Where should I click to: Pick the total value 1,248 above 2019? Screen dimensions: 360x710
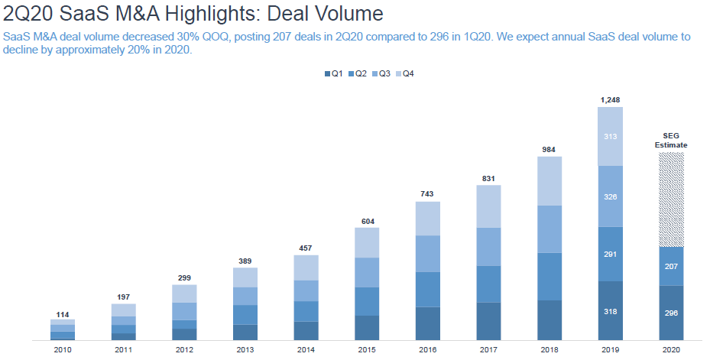point(611,99)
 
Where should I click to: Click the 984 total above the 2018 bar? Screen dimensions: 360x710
point(550,149)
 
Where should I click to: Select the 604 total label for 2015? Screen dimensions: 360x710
point(367,221)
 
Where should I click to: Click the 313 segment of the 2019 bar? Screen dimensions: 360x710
point(611,137)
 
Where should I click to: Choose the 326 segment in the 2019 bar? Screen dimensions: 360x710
point(611,196)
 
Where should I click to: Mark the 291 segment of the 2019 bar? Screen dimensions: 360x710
point(611,255)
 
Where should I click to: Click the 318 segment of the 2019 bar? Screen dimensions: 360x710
point(611,312)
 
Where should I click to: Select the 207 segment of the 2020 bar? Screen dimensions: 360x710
point(672,266)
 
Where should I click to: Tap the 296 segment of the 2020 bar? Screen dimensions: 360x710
point(672,313)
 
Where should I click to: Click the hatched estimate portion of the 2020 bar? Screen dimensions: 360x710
point(672,199)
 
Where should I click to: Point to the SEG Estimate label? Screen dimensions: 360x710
point(672,140)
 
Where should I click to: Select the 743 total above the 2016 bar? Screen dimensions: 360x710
point(428,195)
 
